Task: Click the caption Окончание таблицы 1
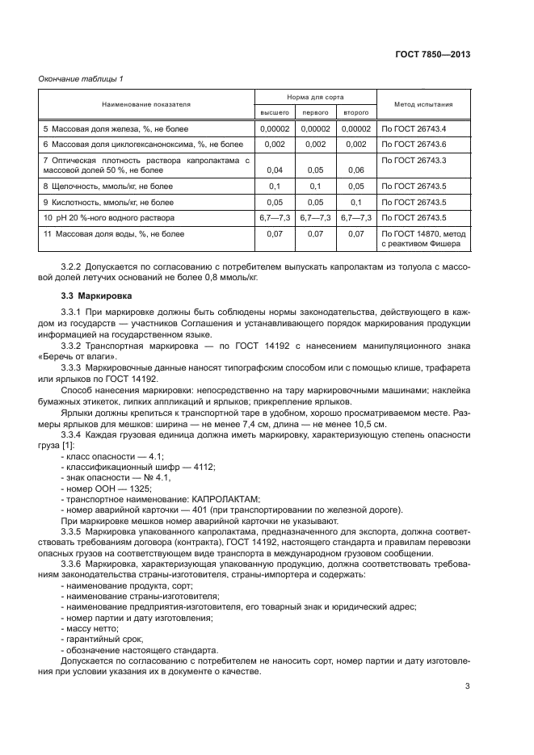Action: [81, 78]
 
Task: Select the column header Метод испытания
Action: [423, 104]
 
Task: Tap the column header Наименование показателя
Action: [145, 104]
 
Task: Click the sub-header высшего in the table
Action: [275, 112]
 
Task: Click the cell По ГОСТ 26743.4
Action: [414, 128]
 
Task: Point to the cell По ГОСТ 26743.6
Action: [414, 144]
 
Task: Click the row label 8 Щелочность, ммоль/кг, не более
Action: [108, 187]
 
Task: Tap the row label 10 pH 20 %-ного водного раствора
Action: [108, 218]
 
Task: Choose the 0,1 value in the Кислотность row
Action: [356, 203]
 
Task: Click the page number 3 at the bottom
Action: [467, 686]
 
